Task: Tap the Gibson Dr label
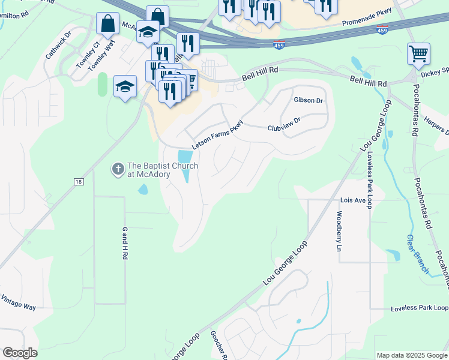tap(308, 100)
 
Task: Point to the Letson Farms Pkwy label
tap(217, 135)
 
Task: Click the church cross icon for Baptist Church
tap(118, 170)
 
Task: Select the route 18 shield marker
tap(79, 182)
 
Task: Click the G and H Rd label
tap(125, 243)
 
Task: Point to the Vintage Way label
tap(18, 302)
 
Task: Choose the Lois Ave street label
tap(352, 200)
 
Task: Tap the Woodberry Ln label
tap(339, 231)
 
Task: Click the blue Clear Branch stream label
tap(417, 254)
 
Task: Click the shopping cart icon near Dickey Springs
tap(418, 54)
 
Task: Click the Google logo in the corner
tap(20, 353)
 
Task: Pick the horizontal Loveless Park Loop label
tap(419, 308)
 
